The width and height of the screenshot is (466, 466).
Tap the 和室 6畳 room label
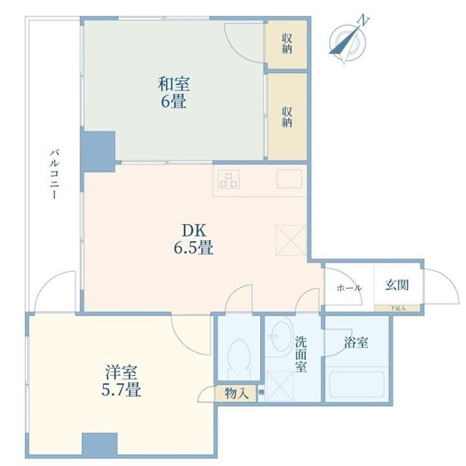click(x=174, y=92)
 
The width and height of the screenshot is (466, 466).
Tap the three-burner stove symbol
click(x=228, y=179)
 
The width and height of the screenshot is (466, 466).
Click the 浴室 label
click(x=356, y=343)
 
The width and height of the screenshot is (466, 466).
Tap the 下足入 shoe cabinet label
click(x=398, y=309)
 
